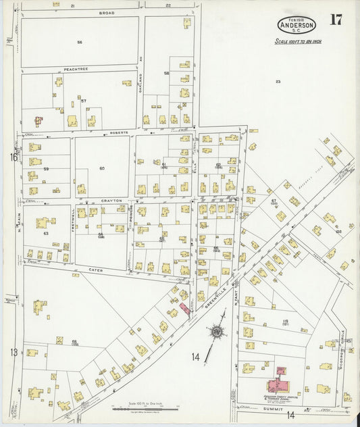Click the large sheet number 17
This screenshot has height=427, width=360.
point(336,20)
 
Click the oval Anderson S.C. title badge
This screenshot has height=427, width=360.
point(295,25)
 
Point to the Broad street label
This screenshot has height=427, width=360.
point(106,13)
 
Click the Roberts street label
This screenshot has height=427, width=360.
point(119,133)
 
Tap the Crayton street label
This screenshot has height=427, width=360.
point(111,201)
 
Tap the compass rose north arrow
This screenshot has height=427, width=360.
point(217,332)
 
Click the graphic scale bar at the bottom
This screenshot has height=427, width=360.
point(142,407)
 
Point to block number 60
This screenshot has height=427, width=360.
point(102,168)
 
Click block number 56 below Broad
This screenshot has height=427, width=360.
point(79,42)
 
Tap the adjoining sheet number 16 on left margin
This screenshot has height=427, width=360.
point(13,157)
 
